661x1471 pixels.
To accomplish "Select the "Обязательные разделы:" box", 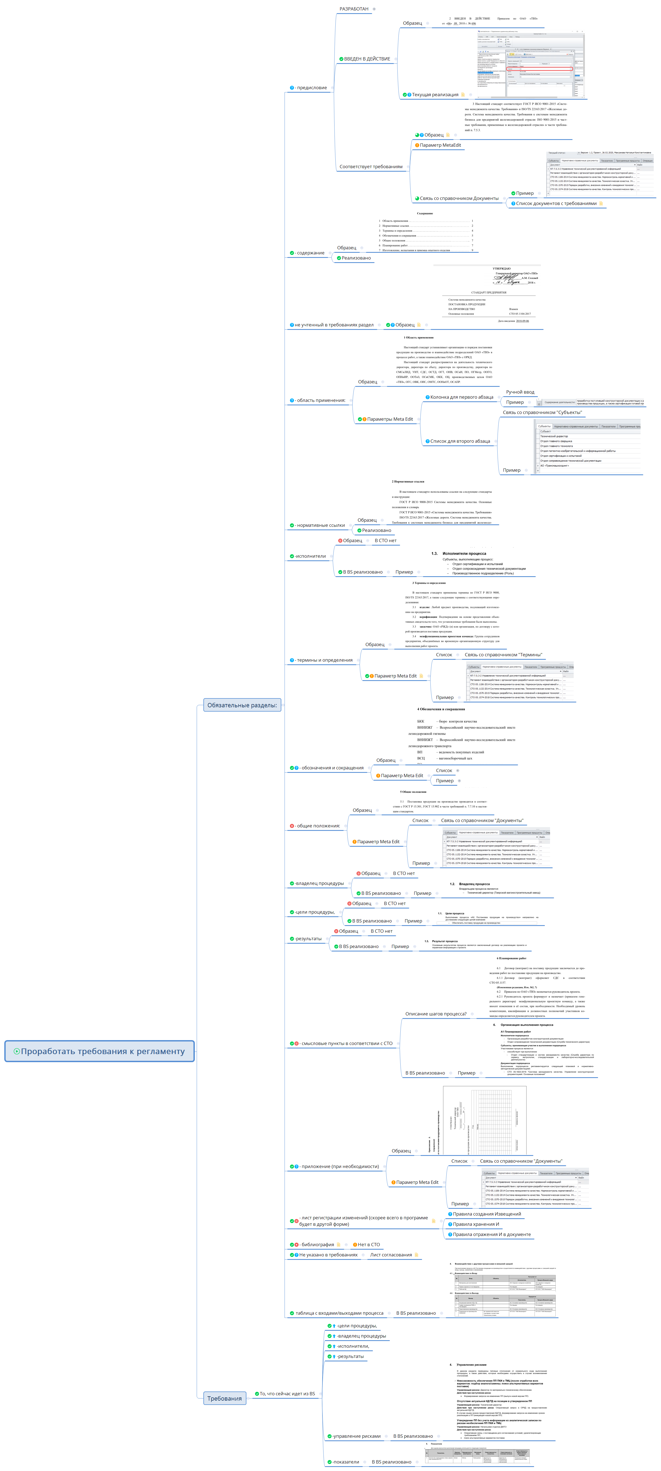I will point(242,705).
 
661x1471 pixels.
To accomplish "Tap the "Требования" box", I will point(225,1398).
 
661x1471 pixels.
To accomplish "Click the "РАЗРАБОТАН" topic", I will point(354,9).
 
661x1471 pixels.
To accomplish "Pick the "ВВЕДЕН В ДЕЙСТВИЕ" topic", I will point(367,59).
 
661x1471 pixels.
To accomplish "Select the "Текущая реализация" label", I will point(435,95).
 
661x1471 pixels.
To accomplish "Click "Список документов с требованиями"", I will point(556,203).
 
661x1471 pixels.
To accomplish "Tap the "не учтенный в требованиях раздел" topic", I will point(334,325).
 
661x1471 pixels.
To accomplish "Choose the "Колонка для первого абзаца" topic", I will point(461,397).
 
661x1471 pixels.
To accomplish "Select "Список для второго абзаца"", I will point(460,441).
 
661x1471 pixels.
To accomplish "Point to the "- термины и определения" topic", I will point(324,660).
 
